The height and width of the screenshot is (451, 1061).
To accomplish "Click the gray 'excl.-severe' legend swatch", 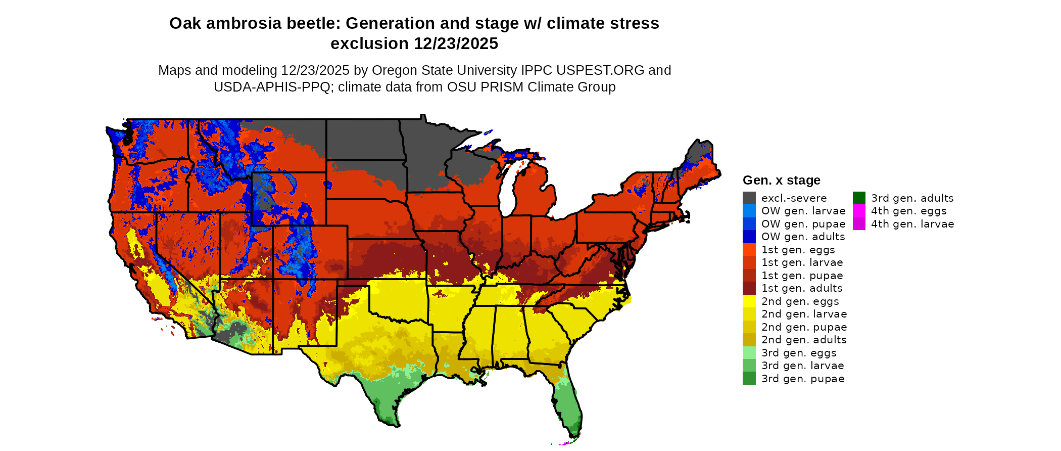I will point(749,198).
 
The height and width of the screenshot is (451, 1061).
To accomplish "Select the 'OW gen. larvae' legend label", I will point(803,211).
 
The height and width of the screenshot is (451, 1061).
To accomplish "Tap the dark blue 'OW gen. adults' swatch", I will point(749,237).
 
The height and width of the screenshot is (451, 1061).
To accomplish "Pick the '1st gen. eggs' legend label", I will point(798,250).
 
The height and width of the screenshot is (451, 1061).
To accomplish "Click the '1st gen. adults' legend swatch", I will point(749,288).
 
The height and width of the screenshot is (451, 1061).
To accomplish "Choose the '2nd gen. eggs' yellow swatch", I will point(749,301).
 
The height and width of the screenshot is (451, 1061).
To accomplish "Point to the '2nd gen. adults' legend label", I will point(804,340).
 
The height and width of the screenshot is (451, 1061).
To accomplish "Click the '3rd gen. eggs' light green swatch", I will point(749,353).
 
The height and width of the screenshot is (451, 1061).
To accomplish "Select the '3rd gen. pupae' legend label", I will point(803,379).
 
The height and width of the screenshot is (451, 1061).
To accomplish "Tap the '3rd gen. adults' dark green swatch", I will point(859,198).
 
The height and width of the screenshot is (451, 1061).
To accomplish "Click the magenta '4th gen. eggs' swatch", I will point(859,211).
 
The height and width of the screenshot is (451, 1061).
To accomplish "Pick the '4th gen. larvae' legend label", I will point(912,224).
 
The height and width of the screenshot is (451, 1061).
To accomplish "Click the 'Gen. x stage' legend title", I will point(781,181).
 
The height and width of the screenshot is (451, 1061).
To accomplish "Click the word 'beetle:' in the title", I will point(313,24).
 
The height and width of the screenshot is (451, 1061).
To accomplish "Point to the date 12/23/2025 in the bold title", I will point(456,44).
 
